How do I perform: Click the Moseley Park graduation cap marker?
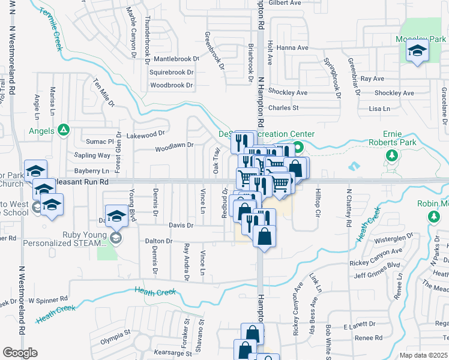point(417,51)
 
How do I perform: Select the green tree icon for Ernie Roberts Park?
point(392,157)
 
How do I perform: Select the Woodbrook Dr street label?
point(172,85)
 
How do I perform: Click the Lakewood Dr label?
point(146,134)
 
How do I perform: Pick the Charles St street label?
point(283,108)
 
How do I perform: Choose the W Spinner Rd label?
point(48,298)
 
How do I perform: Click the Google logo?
point(20,352)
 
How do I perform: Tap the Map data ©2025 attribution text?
point(423,355)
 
